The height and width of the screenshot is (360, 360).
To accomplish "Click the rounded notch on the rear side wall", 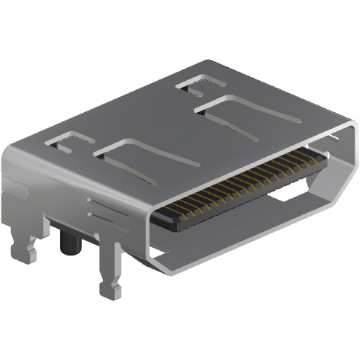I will (11, 183).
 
